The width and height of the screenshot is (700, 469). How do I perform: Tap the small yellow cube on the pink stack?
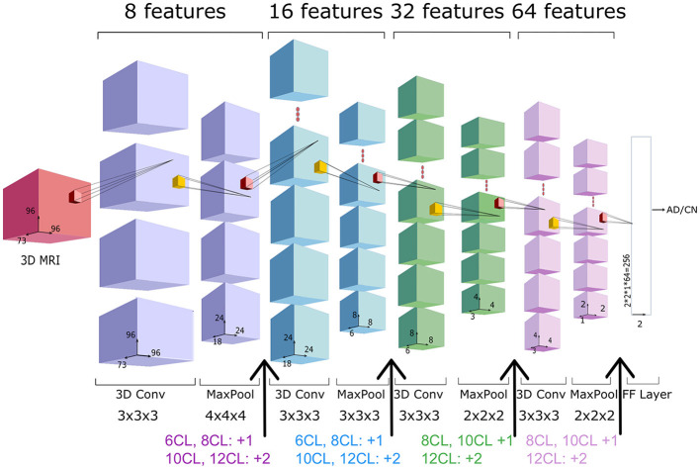tap(555, 224)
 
